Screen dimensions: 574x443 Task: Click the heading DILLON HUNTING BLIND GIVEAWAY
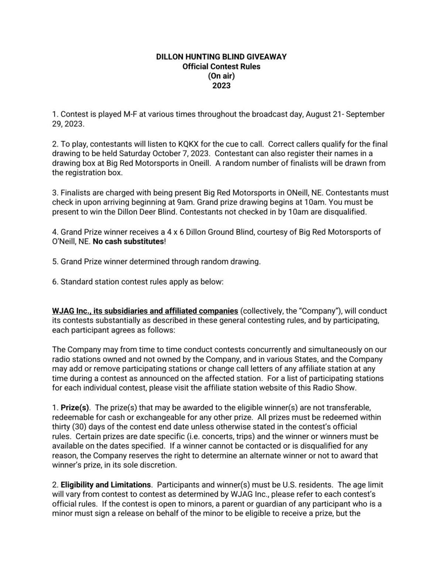point(221,57)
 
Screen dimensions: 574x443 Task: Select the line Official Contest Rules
point(221,66)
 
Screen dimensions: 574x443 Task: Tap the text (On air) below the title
point(221,76)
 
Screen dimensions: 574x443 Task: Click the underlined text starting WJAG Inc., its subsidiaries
point(145,311)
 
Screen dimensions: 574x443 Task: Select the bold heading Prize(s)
point(75,408)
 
